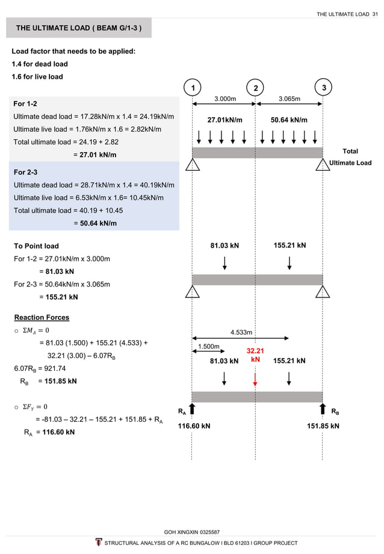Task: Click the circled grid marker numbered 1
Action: (192, 89)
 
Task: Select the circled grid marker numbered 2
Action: (256, 89)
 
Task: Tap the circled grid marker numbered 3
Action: (324, 88)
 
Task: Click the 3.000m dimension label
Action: (225, 98)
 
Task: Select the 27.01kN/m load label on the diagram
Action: (225, 120)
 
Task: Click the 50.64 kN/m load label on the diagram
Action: (289, 120)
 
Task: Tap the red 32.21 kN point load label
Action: (255, 355)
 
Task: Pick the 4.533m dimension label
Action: (241, 331)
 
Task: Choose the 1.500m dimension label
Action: (206, 347)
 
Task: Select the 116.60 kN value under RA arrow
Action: (193, 426)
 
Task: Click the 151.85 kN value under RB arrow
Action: (323, 426)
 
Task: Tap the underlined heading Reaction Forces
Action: (42, 317)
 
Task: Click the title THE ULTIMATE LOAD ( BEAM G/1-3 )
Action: (79, 28)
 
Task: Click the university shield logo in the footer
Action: (99, 543)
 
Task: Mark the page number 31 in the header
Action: (375, 14)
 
